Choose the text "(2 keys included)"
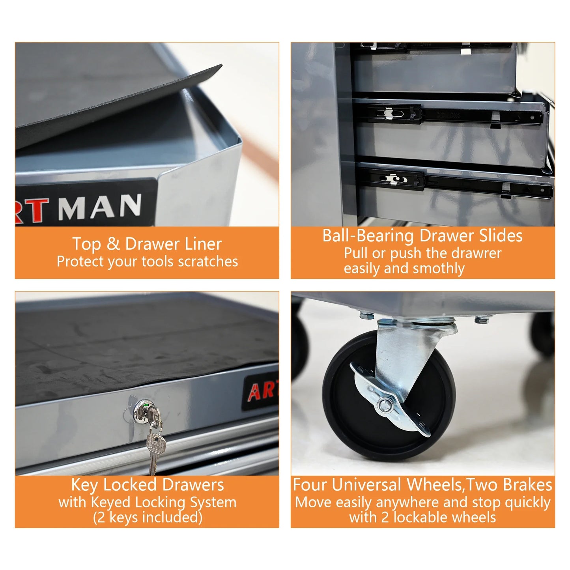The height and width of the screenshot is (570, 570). click(x=148, y=517)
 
